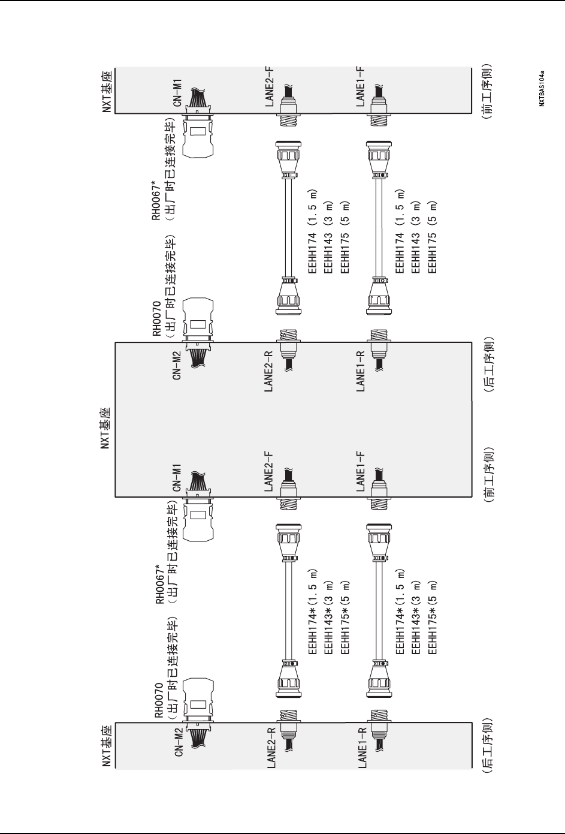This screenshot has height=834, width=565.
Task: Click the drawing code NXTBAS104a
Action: [541, 88]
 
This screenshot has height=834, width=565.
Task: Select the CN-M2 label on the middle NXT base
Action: [178, 363]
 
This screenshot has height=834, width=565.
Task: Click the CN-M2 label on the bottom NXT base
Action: [178, 742]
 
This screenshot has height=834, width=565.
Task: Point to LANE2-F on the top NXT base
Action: [270, 86]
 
